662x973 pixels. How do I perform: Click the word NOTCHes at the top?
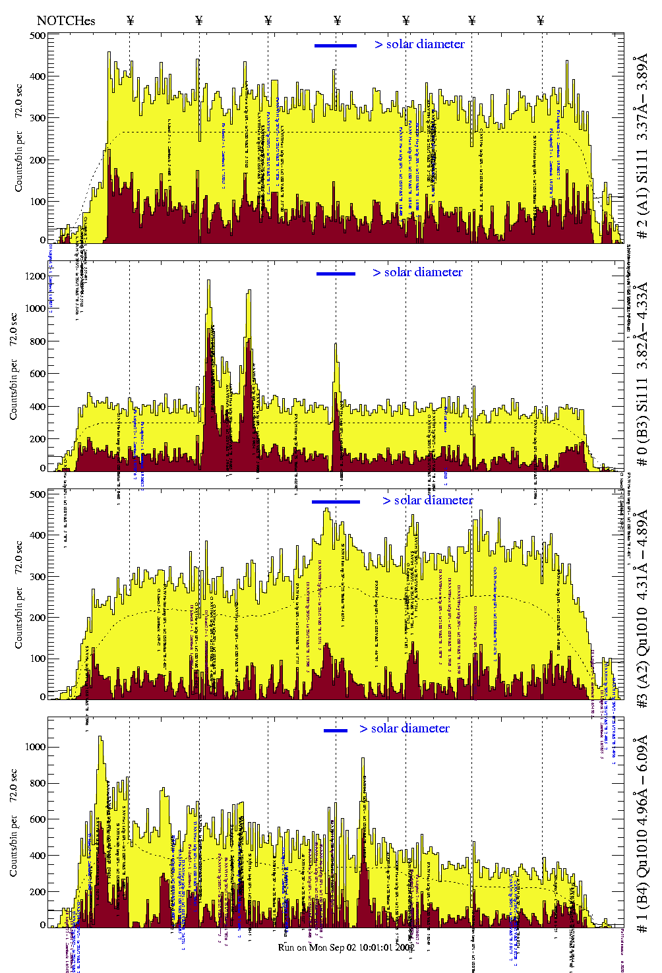pos(66,20)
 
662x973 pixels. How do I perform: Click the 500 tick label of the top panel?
pos(38,36)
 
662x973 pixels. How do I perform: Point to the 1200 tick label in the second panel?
pos(36,276)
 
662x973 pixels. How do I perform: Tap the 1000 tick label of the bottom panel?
pos(36,747)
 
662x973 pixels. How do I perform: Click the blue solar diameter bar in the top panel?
pos(336,45)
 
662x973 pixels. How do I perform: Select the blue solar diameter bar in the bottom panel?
pos(336,730)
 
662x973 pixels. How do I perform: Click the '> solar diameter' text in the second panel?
pos(417,272)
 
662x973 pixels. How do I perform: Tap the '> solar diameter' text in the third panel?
pos(427,500)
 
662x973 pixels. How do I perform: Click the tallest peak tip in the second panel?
pos(209,281)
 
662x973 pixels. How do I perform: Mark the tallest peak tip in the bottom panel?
pos(100,737)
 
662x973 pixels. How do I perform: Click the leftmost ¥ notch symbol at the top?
pos(130,20)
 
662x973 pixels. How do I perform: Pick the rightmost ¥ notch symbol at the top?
pos(541,20)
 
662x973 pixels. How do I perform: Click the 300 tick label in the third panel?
pos(38,577)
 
